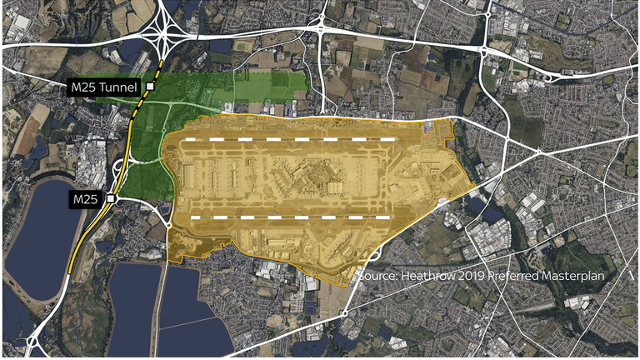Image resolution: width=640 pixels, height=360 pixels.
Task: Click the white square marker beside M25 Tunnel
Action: (150, 87)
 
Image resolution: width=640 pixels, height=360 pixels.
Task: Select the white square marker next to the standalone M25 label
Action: (110, 199)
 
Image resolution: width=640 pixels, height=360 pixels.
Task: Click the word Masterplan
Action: (580, 275)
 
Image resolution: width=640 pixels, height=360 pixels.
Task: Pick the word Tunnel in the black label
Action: (122, 87)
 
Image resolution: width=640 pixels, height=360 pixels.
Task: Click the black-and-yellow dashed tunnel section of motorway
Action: (142, 108)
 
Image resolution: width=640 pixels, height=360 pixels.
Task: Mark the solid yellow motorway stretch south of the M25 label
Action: (83, 242)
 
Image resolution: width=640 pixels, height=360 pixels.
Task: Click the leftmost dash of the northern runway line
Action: (196, 139)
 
